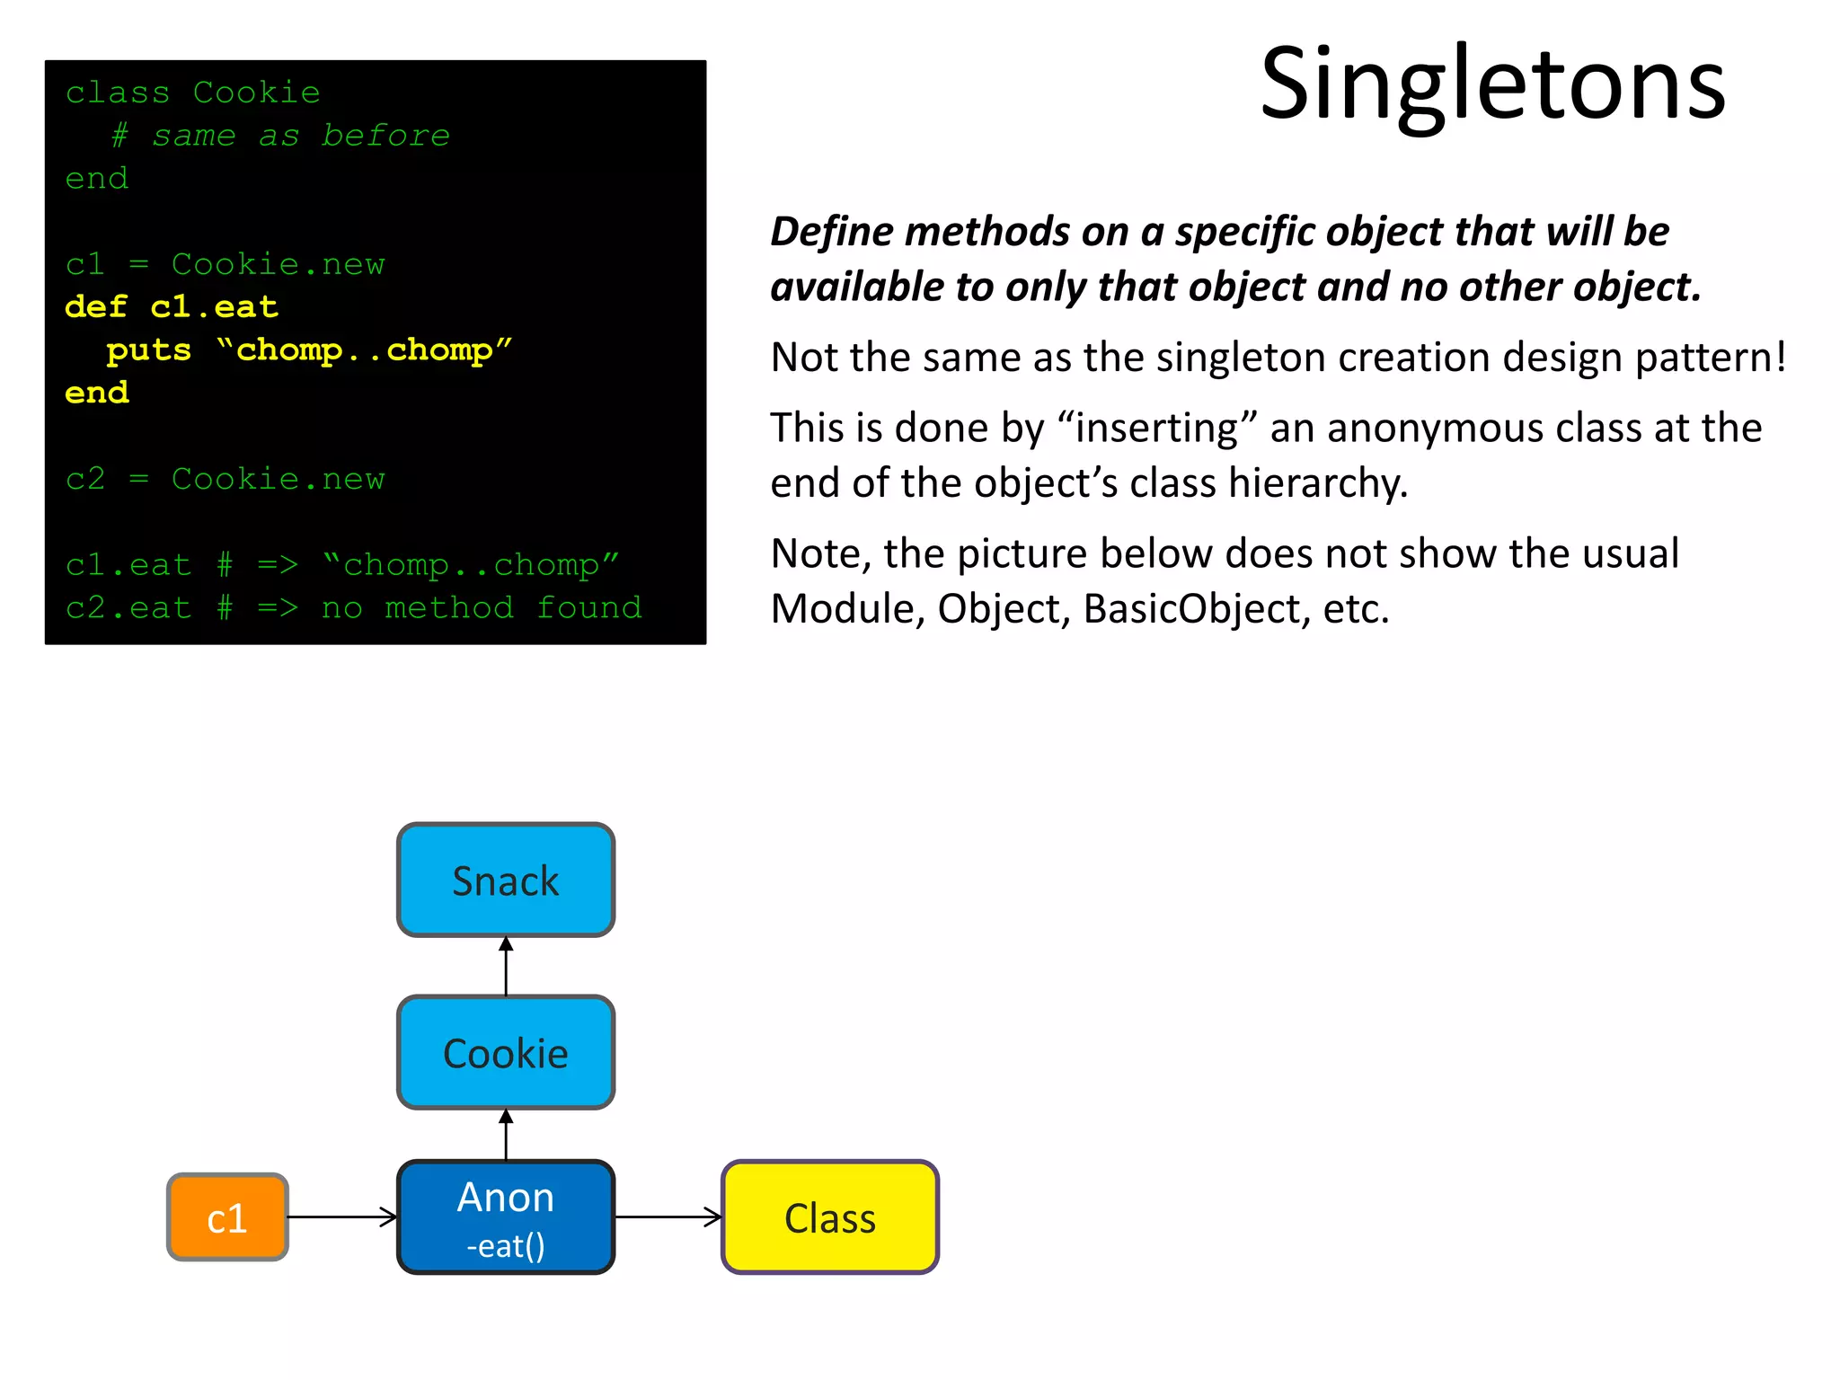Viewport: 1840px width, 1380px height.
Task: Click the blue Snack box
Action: [x=506, y=880]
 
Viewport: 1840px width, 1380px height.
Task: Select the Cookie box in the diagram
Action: [x=506, y=1053]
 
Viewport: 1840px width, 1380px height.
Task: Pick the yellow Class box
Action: [x=830, y=1217]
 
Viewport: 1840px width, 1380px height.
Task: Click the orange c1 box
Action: [x=227, y=1217]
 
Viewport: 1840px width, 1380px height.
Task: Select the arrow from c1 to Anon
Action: [x=341, y=1217]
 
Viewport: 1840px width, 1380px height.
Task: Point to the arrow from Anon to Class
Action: [x=668, y=1217]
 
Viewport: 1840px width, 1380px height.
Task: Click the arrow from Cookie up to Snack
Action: [x=506, y=967]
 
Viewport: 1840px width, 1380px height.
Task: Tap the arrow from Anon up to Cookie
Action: [x=506, y=1135]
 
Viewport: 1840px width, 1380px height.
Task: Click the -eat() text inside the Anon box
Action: [x=506, y=1246]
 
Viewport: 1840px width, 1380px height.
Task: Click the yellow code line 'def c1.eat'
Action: [x=172, y=307]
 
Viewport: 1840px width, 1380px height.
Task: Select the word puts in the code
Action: [x=148, y=350]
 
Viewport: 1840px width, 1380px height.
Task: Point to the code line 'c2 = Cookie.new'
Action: [x=225, y=479]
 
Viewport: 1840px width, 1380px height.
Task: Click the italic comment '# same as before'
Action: [x=280, y=136]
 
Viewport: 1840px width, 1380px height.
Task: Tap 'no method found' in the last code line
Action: [x=482, y=608]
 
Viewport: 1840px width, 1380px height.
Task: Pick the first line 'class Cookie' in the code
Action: [x=192, y=93]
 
